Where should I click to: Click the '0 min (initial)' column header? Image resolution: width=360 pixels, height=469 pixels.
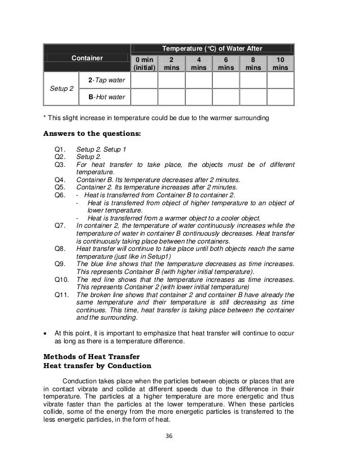144,63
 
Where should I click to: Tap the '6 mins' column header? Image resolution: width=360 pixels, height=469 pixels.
225,63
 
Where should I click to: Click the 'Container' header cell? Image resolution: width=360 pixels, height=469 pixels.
87,57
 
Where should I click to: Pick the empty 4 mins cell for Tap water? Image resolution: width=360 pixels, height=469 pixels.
198,82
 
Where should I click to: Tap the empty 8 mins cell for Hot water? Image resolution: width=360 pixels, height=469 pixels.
252,97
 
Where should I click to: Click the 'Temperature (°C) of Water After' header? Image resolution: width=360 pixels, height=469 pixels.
212,49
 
